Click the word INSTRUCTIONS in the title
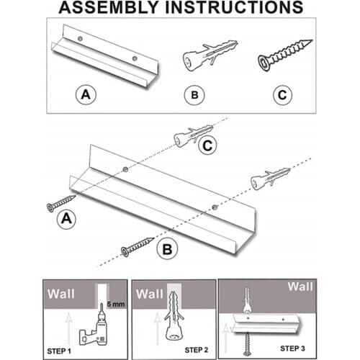(x=235, y=7)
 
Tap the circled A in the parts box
(x=86, y=94)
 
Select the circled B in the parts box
(x=194, y=95)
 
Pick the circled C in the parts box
(x=282, y=95)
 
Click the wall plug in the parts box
(x=210, y=55)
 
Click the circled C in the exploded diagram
(x=207, y=145)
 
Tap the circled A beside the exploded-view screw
(x=66, y=219)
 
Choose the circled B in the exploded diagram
(x=167, y=249)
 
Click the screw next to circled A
(x=61, y=204)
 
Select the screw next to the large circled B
(x=138, y=247)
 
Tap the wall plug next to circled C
(x=194, y=135)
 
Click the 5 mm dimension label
(x=116, y=305)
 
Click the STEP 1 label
(x=59, y=351)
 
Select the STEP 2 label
(x=197, y=350)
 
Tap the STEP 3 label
(x=292, y=348)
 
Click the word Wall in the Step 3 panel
(x=300, y=287)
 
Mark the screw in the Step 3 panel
(x=247, y=344)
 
